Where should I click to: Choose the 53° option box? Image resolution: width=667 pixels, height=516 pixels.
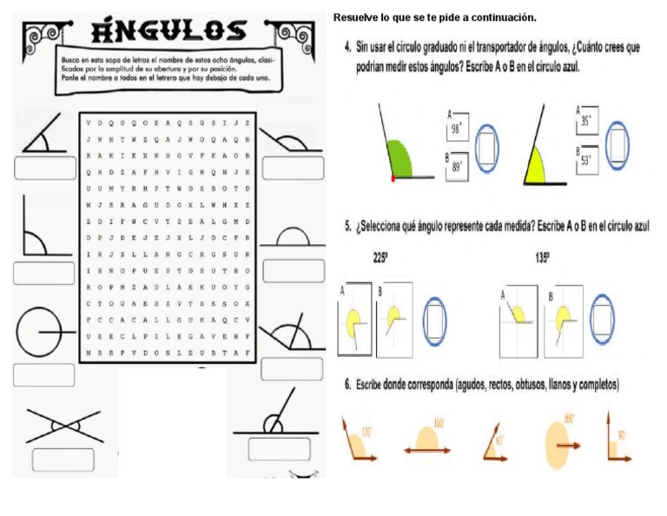(x=587, y=160)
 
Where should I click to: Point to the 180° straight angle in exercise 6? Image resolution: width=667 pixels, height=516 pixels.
(x=427, y=440)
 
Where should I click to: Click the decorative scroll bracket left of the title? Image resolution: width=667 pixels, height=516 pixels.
(x=39, y=37)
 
